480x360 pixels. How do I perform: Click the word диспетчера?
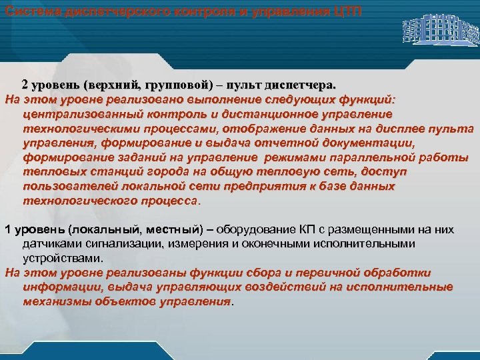[x=300, y=86]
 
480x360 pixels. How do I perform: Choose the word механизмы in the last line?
[x=57, y=301]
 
